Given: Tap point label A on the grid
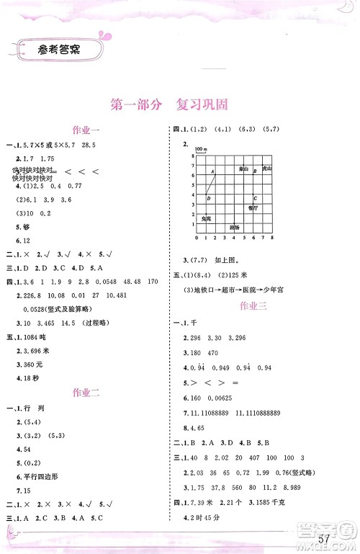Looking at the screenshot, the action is (x=212, y=171).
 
